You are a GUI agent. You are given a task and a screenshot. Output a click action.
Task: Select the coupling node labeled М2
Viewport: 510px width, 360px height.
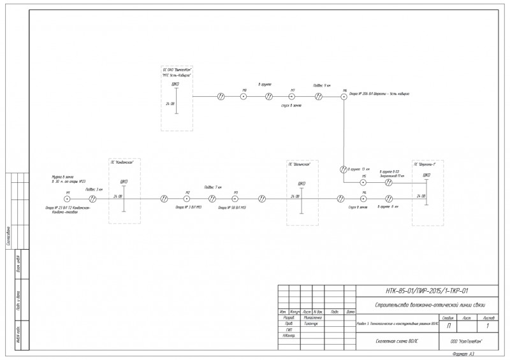click(x=187, y=198)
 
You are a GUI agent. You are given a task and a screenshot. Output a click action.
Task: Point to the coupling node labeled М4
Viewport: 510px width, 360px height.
click(x=363, y=198)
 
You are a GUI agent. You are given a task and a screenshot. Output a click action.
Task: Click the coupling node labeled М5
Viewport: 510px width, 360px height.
click(x=363, y=182)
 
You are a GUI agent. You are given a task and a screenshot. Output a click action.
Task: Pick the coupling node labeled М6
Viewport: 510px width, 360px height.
click(x=344, y=96)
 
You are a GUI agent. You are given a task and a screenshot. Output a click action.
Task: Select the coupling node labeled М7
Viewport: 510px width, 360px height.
click(x=293, y=96)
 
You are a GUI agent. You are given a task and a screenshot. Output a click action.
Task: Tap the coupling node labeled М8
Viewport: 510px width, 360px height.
click(x=244, y=96)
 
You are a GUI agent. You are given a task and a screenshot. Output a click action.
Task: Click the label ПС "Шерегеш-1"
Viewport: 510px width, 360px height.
click(x=426, y=164)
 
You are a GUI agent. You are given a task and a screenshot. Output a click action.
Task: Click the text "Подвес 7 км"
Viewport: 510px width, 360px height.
click(x=212, y=187)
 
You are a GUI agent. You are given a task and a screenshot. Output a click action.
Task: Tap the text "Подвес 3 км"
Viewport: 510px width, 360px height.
click(x=94, y=189)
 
